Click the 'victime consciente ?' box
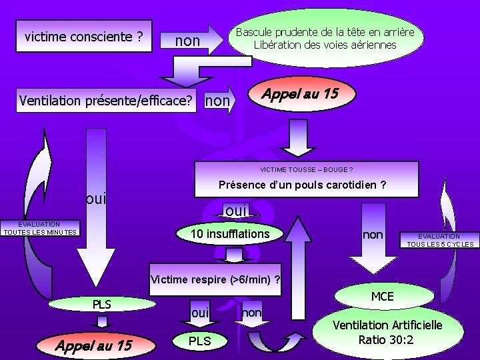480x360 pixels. click(x=84, y=37)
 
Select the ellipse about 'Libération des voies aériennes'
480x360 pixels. click(x=325, y=39)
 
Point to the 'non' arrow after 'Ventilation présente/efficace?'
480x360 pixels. click(x=219, y=101)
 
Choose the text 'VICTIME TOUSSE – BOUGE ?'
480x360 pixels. click(x=306, y=169)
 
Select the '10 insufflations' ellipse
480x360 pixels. click(x=229, y=234)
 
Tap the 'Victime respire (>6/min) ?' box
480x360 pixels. click(x=216, y=279)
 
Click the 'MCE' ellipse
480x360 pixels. click(x=382, y=296)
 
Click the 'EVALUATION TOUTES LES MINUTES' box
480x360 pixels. click(x=39, y=229)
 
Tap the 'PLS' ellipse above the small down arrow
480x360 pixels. click(x=101, y=305)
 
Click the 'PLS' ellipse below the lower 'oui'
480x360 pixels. click(x=199, y=341)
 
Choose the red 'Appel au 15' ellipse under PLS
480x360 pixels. click(x=93, y=345)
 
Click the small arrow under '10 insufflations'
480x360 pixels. click(x=234, y=256)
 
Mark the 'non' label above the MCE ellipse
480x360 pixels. click(x=372, y=234)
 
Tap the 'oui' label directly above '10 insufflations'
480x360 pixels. click(x=236, y=211)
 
